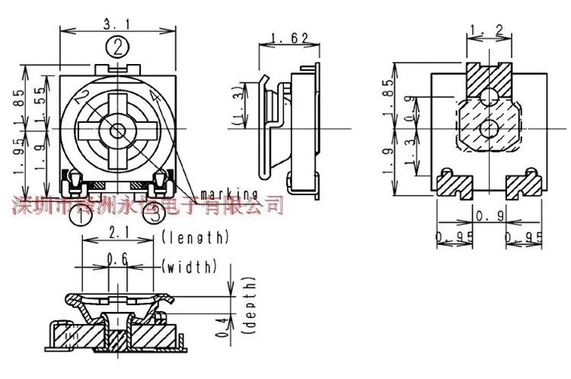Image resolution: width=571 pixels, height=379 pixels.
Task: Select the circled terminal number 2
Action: click(116, 48)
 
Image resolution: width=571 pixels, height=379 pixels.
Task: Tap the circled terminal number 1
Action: click(80, 215)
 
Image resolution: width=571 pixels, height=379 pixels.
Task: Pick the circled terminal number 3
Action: click(153, 215)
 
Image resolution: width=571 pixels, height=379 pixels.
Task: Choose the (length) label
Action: click(196, 237)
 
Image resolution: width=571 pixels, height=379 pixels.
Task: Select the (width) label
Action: click(190, 266)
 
